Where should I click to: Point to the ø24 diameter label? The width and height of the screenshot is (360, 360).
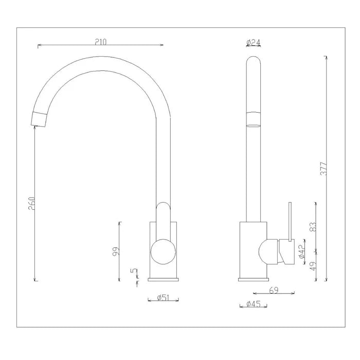254,42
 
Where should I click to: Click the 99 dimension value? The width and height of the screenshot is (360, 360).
116,251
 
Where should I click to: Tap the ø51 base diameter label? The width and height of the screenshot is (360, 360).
162,297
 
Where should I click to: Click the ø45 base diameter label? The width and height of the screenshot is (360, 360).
254,304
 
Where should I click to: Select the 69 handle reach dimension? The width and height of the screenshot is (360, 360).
274,291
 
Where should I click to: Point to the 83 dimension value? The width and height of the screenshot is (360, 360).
314,226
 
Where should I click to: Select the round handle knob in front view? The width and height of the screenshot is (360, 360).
163,251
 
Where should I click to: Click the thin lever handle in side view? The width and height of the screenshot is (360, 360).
290,221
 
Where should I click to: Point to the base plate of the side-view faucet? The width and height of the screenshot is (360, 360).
254,280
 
